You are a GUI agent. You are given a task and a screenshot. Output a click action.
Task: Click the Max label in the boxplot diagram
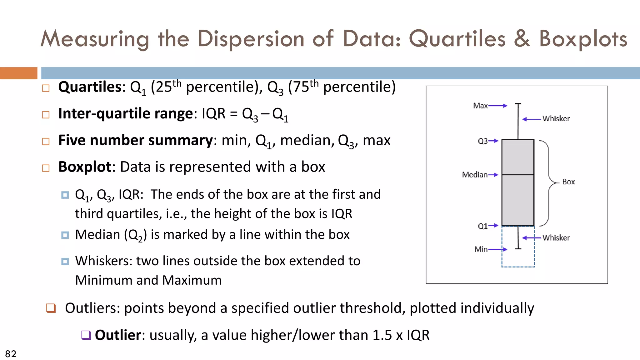(480, 106)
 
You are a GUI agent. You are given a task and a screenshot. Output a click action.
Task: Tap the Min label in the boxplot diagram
(481, 249)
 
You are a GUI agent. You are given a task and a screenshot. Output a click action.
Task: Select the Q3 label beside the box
(482, 141)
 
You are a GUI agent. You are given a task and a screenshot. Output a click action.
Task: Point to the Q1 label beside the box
(482, 226)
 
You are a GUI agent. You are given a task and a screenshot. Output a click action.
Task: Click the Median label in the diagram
(475, 175)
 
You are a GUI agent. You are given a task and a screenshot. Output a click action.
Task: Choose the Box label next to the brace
(568, 182)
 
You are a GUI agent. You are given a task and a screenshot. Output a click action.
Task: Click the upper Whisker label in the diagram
(556, 119)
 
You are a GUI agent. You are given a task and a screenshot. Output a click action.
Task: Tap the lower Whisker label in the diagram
(556, 238)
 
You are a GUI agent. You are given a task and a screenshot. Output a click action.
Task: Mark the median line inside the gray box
(518, 175)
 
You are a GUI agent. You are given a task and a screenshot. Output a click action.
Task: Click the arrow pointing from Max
(498, 106)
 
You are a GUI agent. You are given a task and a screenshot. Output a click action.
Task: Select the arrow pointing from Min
(498, 249)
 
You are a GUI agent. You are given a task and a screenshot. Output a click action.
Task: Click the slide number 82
(11, 354)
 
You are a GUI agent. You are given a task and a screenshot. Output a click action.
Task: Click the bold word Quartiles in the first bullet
(90, 87)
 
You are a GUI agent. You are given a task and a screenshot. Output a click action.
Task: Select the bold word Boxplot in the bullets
(85, 167)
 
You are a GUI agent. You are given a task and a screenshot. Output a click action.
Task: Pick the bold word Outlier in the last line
(118, 335)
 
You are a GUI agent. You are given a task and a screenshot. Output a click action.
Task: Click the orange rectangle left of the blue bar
(18, 73)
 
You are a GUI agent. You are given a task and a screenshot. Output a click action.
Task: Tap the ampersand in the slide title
(522, 39)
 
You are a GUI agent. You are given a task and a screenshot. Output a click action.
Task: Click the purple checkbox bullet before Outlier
(86, 335)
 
